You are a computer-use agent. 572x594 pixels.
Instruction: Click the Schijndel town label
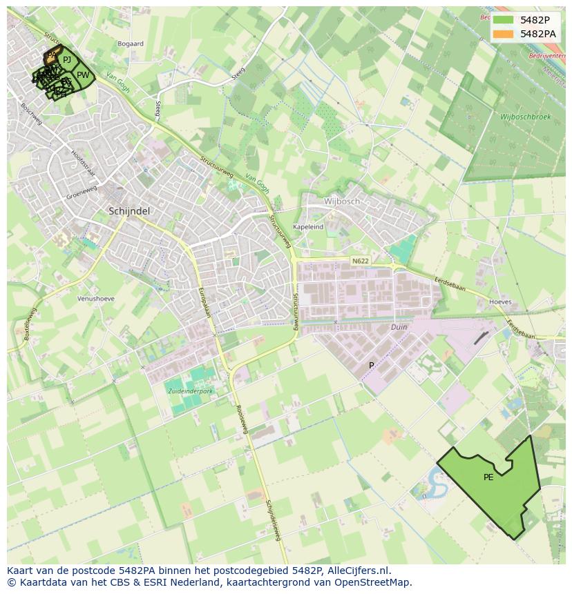(x=129, y=210)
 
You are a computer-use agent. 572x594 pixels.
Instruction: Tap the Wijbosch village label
(x=342, y=201)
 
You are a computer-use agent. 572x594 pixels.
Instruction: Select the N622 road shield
(x=360, y=261)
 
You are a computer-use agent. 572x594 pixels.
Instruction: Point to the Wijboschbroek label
(x=526, y=117)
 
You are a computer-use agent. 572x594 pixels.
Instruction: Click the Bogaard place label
(x=131, y=43)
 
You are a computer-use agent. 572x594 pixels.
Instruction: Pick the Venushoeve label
(x=96, y=299)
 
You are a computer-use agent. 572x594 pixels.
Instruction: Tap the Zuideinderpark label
(x=190, y=391)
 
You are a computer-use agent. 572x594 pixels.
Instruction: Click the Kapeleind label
(x=308, y=226)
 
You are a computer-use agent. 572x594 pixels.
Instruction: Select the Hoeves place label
(x=500, y=302)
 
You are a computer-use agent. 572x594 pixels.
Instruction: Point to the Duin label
(x=399, y=327)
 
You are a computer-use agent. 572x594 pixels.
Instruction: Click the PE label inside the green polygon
(x=488, y=477)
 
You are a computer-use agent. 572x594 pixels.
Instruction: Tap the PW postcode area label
(x=83, y=75)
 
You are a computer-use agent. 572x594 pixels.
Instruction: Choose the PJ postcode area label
(x=66, y=60)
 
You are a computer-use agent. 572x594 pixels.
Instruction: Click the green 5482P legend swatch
(x=503, y=20)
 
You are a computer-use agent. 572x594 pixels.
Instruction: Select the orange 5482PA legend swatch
(x=503, y=33)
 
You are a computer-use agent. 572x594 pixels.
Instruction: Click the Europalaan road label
(x=204, y=301)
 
